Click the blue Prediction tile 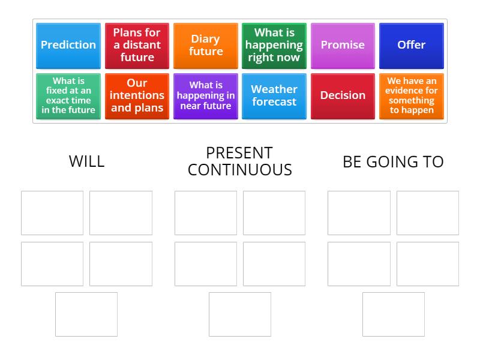pos(68,46)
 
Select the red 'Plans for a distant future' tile pos(137,46)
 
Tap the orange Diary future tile pos(206,46)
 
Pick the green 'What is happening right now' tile pos(274,46)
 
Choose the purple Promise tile pos(343,46)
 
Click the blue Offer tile pos(412,46)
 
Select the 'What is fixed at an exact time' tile pos(68,96)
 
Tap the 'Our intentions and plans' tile pos(137,96)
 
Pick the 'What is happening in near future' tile pos(206,96)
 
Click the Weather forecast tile pos(274,96)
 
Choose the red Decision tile pos(343,96)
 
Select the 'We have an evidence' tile pos(412,96)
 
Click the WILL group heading pos(86,161)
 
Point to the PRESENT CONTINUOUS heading pos(239,161)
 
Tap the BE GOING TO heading pos(393,161)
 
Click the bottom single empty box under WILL pos(86,314)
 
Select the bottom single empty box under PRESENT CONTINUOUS pos(240,314)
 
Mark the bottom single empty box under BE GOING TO pos(394,314)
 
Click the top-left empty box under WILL pos(52,213)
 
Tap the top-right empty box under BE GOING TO pos(428,213)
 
